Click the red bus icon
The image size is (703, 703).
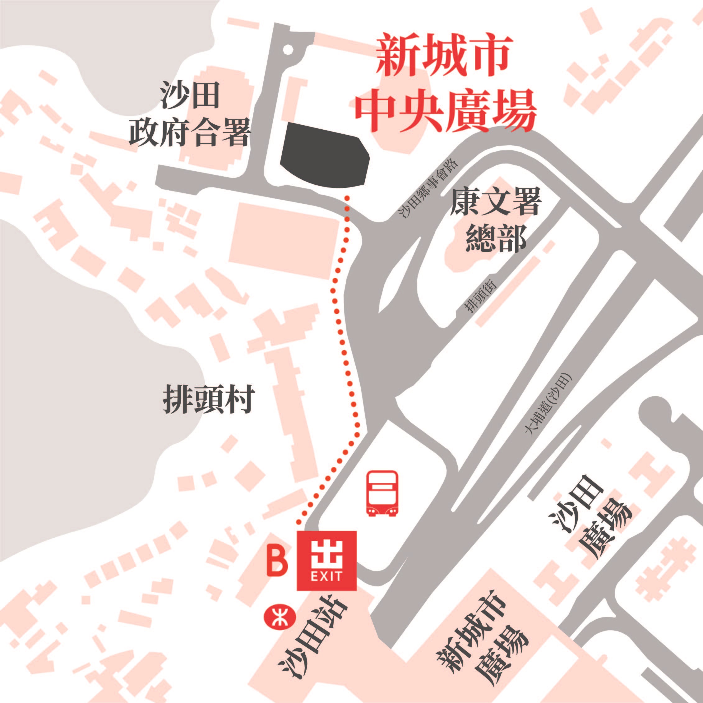pyautogui.click(x=382, y=493)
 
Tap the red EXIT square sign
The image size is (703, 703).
pyautogui.click(x=326, y=560)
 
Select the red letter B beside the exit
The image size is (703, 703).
pyautogui.click(x=277, y=561)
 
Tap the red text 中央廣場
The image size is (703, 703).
pyautogui.click(x=446, y=111)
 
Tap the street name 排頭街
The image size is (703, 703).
pyautogui.click(x=481, y=297)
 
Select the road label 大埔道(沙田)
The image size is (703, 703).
pyautogui.click(x=549, y=405)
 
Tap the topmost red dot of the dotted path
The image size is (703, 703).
pyautogui.click(x=347, y=198)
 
